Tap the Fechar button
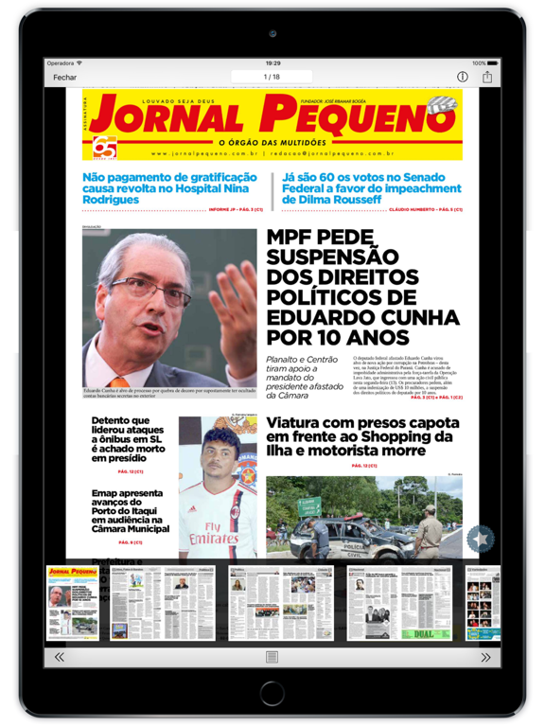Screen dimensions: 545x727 click(x=65, y=77)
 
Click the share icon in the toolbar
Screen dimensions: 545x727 click(x=487, y=77)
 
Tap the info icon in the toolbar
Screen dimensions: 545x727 click(x=463, y=77)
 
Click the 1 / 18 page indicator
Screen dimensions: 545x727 click(x=272, y=77)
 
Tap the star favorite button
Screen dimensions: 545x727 click(x=481, y=540)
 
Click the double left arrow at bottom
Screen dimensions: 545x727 click(x=59, y=657)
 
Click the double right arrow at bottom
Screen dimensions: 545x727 click(x=485, y=657)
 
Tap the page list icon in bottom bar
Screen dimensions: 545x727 click(x=272, y=657)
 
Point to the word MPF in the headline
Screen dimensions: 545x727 click(x=300, y=241)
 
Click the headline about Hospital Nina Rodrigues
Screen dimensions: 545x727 click(x=169, y=188)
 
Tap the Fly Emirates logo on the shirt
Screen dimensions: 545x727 click(x=216, y=533)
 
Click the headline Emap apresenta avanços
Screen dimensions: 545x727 click(x=131, y=512)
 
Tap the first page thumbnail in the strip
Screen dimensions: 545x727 click(x=72, y=603)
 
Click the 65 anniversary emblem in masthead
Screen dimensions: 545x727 click(x=104, y=146)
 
